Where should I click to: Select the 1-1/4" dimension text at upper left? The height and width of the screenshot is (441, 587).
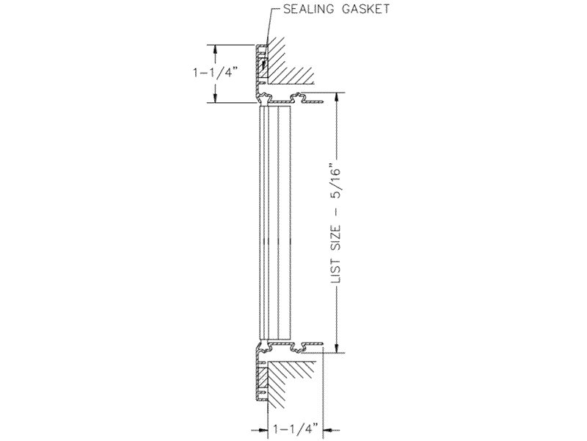pos(216,72)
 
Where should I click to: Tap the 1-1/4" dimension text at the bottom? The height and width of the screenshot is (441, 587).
pos(296,429)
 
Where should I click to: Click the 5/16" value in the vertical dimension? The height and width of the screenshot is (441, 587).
pos(336,181)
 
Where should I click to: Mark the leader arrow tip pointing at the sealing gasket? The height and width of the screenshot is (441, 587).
pos(263,68)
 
